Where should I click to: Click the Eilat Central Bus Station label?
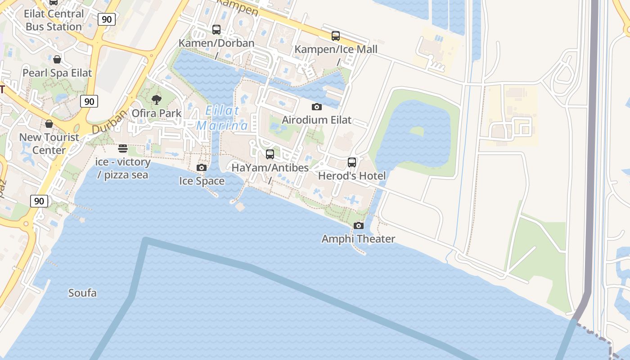coord(54,20)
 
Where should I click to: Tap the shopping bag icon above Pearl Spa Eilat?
coord(57,59)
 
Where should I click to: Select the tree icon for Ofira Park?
coord(157,99)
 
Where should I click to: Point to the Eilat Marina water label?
coord(222,118)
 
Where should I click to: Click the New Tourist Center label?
coord(49,144)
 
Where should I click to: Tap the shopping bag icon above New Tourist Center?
coord(49,124)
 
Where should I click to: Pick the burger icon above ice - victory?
coord(123,148)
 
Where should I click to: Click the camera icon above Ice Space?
coord(202,168)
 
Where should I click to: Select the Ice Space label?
coord(202,181)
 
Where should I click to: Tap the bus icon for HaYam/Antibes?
coord(270,154)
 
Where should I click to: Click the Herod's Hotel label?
coord(352,175)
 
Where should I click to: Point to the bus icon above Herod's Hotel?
coord(352,162)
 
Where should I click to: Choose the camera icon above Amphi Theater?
coord(359,225)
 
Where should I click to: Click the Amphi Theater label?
coord(358,239)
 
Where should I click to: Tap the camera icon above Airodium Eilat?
coord(317,107)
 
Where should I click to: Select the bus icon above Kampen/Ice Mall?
coord(336,36)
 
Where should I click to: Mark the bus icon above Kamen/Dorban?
coord(216,30)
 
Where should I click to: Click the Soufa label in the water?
coord(82,293)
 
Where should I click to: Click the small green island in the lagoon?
coord(417,131)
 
